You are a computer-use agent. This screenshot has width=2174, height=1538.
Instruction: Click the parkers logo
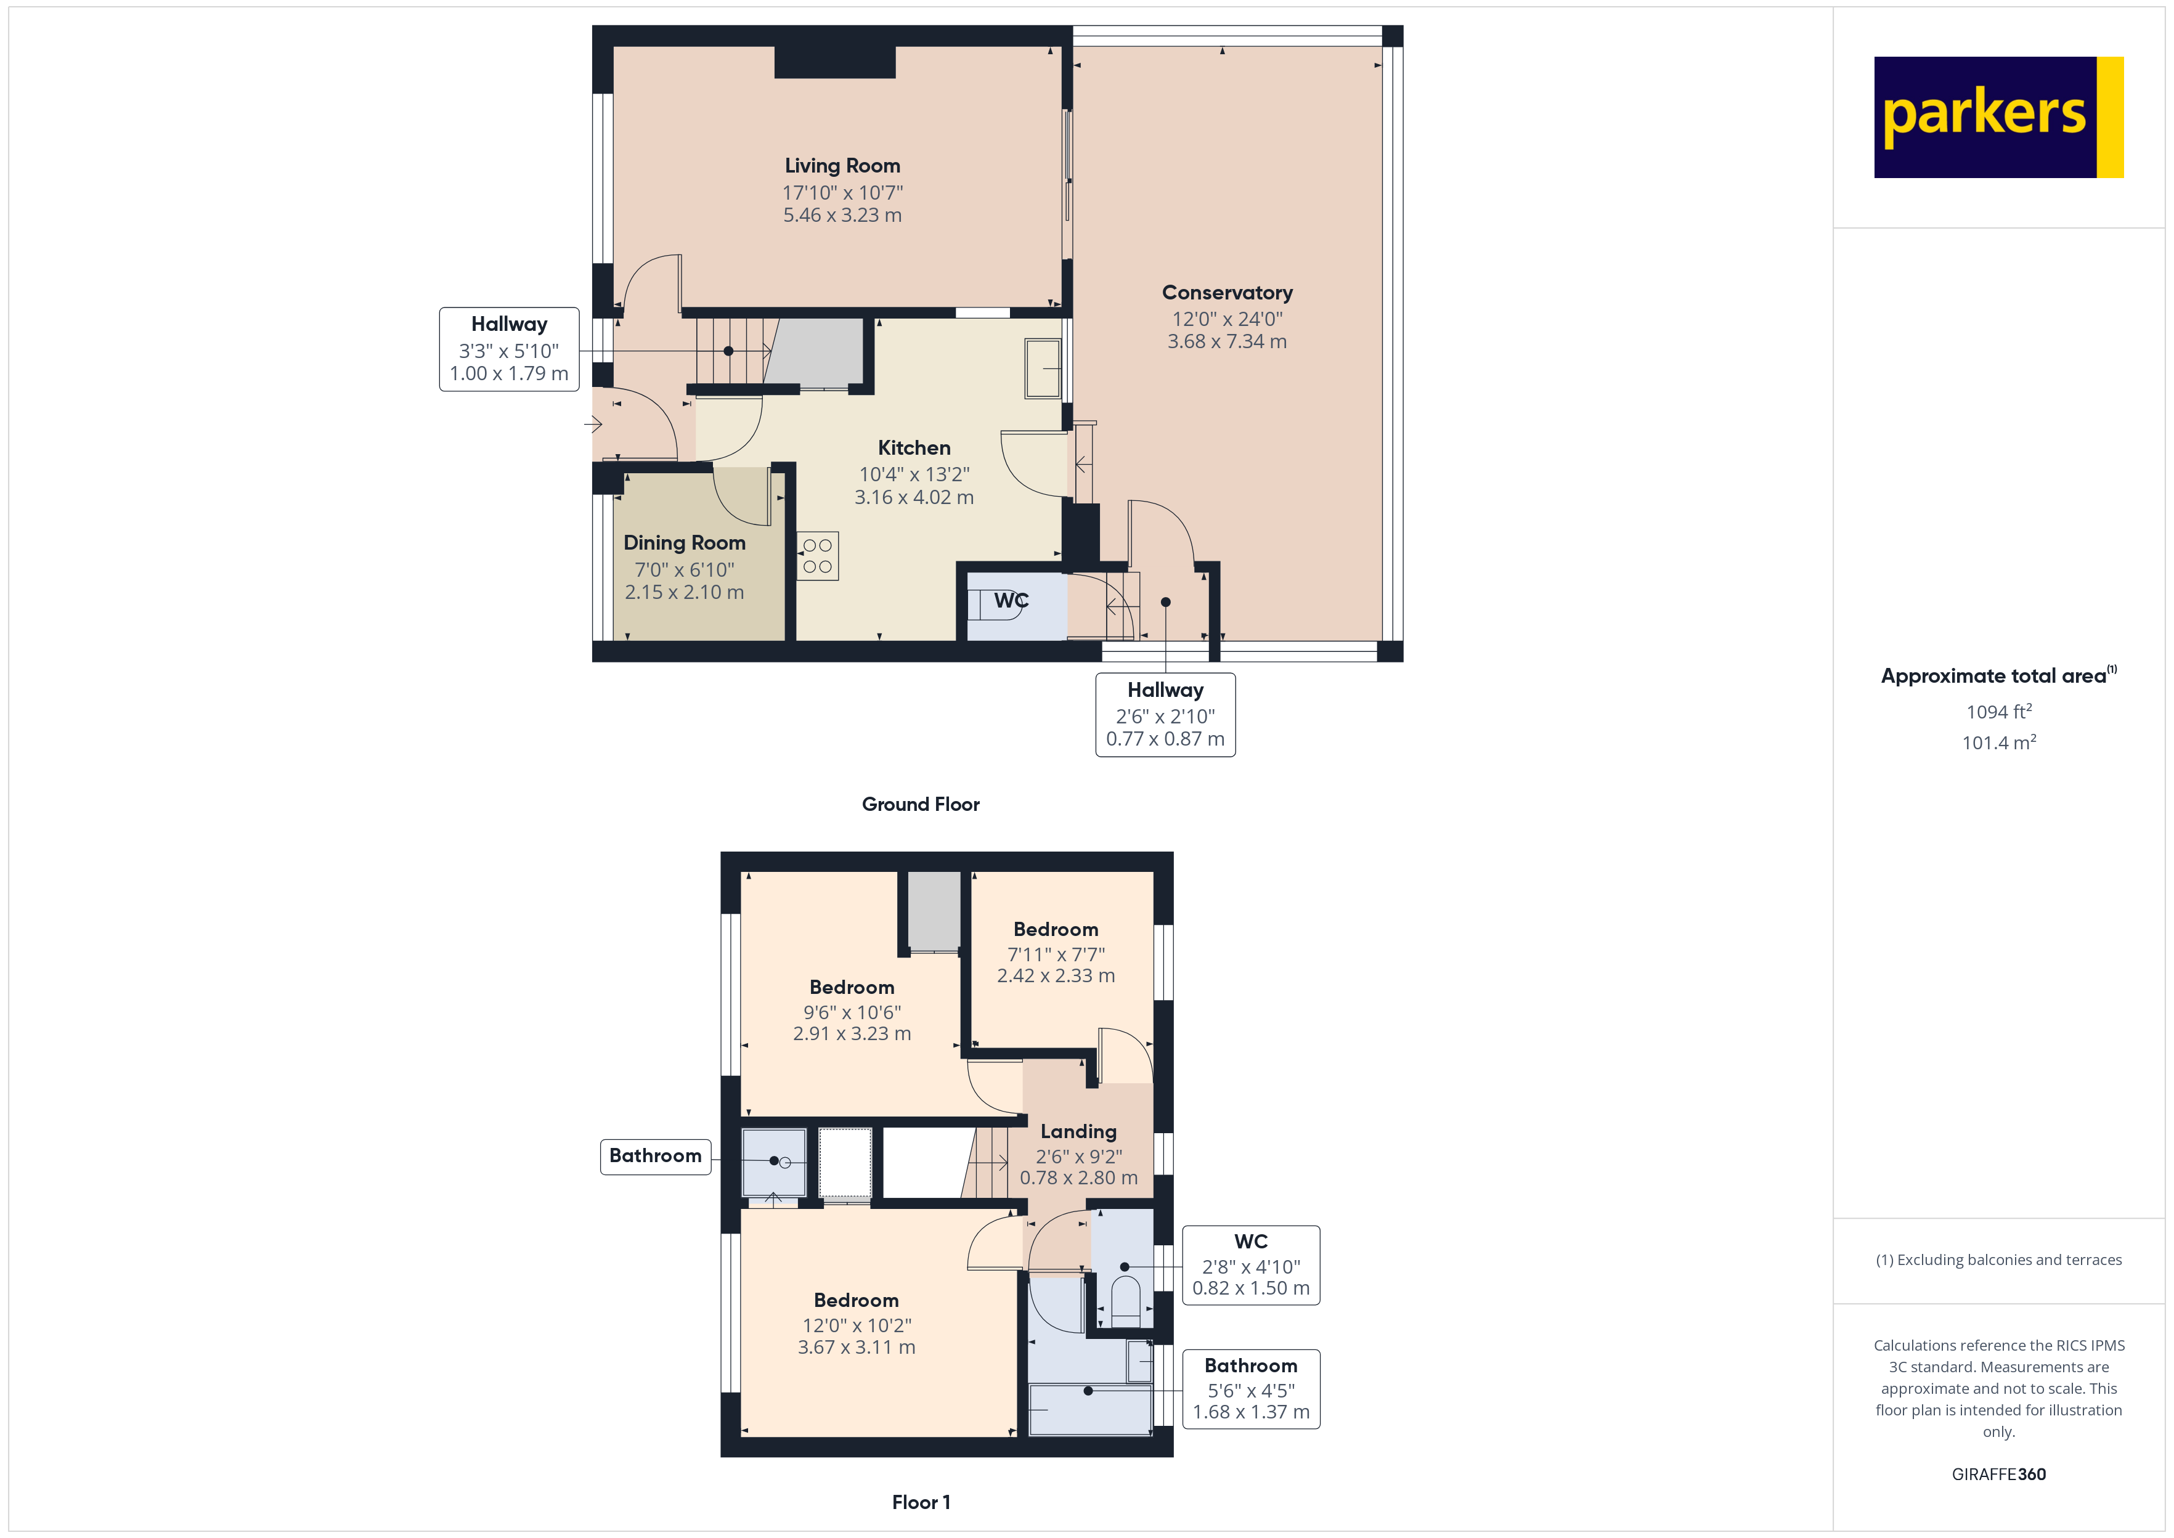pyautogui.click(x=1997, y=118)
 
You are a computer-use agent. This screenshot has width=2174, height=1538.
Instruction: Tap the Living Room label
pyautogui.click(x=842, y=166)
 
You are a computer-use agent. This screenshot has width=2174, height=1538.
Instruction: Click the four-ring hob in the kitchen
pyautogui.click(x=817, y=556)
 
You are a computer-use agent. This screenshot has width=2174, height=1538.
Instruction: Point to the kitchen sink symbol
pyautogui.click(x=1043, y=369)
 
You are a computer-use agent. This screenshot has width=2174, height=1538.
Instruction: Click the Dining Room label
pyautogui.click(x=683, y=543)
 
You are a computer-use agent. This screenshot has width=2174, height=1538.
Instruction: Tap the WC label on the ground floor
pyautogui.click(x=1011, y=600)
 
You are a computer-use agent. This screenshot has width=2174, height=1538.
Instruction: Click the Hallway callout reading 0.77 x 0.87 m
pyautogui.click(x=1165, y=739)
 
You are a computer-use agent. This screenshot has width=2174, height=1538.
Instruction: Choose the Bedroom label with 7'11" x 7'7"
pyautogui.click(x=1056, y=929)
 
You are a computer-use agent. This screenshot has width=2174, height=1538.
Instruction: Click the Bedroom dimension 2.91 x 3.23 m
pyautogui.click(x=851, y=1034)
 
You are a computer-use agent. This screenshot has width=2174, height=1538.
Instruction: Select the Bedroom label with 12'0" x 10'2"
pyautogui.click(x=856, y=1300)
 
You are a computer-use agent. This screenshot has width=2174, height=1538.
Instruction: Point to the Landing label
pyautogui.click(x=1078, y=1132)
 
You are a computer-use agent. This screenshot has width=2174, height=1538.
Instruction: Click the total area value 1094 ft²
pyautogui.click(x=1998, y=711)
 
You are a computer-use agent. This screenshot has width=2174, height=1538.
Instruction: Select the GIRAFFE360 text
pyautogui.click(x=1998, y=1475)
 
